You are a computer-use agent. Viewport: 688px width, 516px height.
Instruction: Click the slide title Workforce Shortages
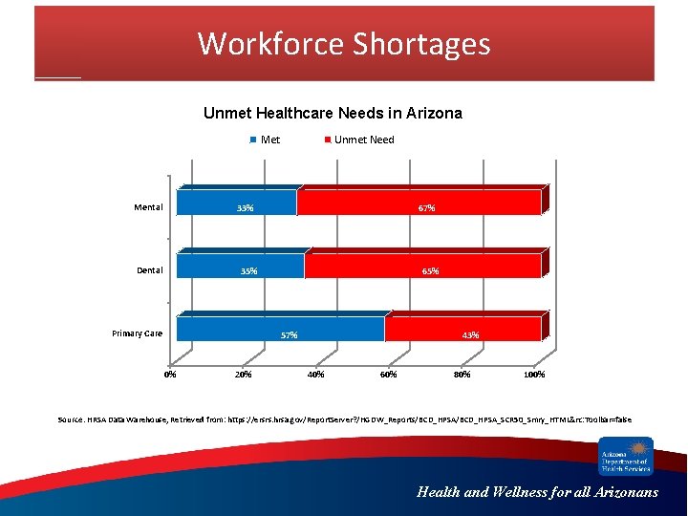344,44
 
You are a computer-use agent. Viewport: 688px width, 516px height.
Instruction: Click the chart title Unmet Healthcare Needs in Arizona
333,113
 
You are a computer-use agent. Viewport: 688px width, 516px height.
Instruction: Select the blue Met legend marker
253,140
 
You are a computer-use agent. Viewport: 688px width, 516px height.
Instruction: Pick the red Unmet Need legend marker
328,140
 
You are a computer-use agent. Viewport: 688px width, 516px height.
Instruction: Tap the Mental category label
148,207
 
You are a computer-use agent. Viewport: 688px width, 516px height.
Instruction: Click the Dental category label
149,270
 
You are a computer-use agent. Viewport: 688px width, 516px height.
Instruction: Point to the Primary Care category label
137,333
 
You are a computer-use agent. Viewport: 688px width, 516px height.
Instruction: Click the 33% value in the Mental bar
246,208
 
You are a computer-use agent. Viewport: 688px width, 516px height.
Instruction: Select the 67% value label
426,208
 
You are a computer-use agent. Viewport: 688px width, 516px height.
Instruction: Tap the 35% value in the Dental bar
248,271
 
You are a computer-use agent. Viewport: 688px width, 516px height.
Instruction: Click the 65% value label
431,271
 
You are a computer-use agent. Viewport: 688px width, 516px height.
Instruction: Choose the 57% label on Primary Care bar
289,335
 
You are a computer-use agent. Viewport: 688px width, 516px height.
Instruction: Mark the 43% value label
470,335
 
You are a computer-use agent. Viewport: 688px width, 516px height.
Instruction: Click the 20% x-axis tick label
243,375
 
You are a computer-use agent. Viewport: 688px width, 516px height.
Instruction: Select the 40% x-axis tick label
315,375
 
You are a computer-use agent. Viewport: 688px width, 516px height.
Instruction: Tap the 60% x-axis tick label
389,375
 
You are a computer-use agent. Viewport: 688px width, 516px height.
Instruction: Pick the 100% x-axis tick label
534,375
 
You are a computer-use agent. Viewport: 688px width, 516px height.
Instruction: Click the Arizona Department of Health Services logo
625,456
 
